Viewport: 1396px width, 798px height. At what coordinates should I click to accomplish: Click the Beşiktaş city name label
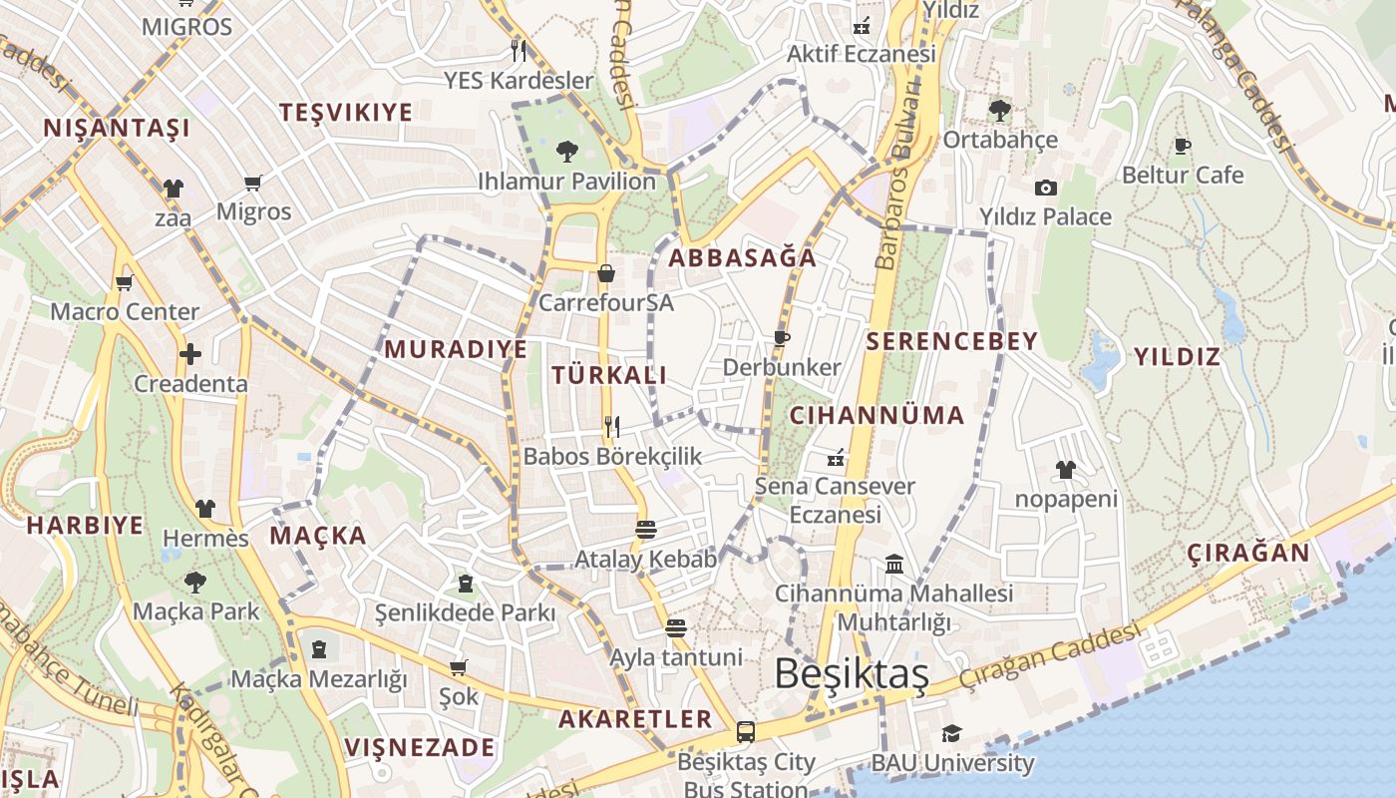(852, 674)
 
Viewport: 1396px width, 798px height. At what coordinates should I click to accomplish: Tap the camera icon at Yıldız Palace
(1045, 188)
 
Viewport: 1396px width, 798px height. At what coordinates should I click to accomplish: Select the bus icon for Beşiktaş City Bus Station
(745, 732)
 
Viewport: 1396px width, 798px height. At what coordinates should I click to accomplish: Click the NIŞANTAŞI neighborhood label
(117, 128)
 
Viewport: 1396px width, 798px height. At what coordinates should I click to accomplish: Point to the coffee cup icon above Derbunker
(781, 339)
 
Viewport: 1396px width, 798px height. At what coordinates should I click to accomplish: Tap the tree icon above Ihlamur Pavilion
(566, 152)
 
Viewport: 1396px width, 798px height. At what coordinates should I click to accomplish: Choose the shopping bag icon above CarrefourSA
(605, 273)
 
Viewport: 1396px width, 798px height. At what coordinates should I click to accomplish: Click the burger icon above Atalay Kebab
(645, 529)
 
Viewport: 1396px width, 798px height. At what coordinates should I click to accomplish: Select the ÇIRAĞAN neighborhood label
(1248, 553)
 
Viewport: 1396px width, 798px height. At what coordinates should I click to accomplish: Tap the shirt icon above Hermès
(205, 509)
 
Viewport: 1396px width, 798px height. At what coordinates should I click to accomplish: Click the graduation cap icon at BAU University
(951, 734)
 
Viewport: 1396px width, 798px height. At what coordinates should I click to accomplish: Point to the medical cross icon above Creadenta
(190, 354)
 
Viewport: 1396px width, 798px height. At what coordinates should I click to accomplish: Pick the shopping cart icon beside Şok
(458, 666)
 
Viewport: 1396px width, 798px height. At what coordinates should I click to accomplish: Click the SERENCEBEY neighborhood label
(952, 341)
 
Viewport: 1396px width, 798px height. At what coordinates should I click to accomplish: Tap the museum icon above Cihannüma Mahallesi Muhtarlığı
(894, 565)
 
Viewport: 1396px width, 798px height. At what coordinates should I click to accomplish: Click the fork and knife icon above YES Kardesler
(518, 50)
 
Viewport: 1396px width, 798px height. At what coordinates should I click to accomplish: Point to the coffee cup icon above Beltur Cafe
(1183, 147)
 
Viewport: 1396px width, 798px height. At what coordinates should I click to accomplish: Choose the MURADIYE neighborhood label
(456, 349)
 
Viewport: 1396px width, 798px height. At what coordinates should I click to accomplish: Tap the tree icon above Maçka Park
(195, 582)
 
